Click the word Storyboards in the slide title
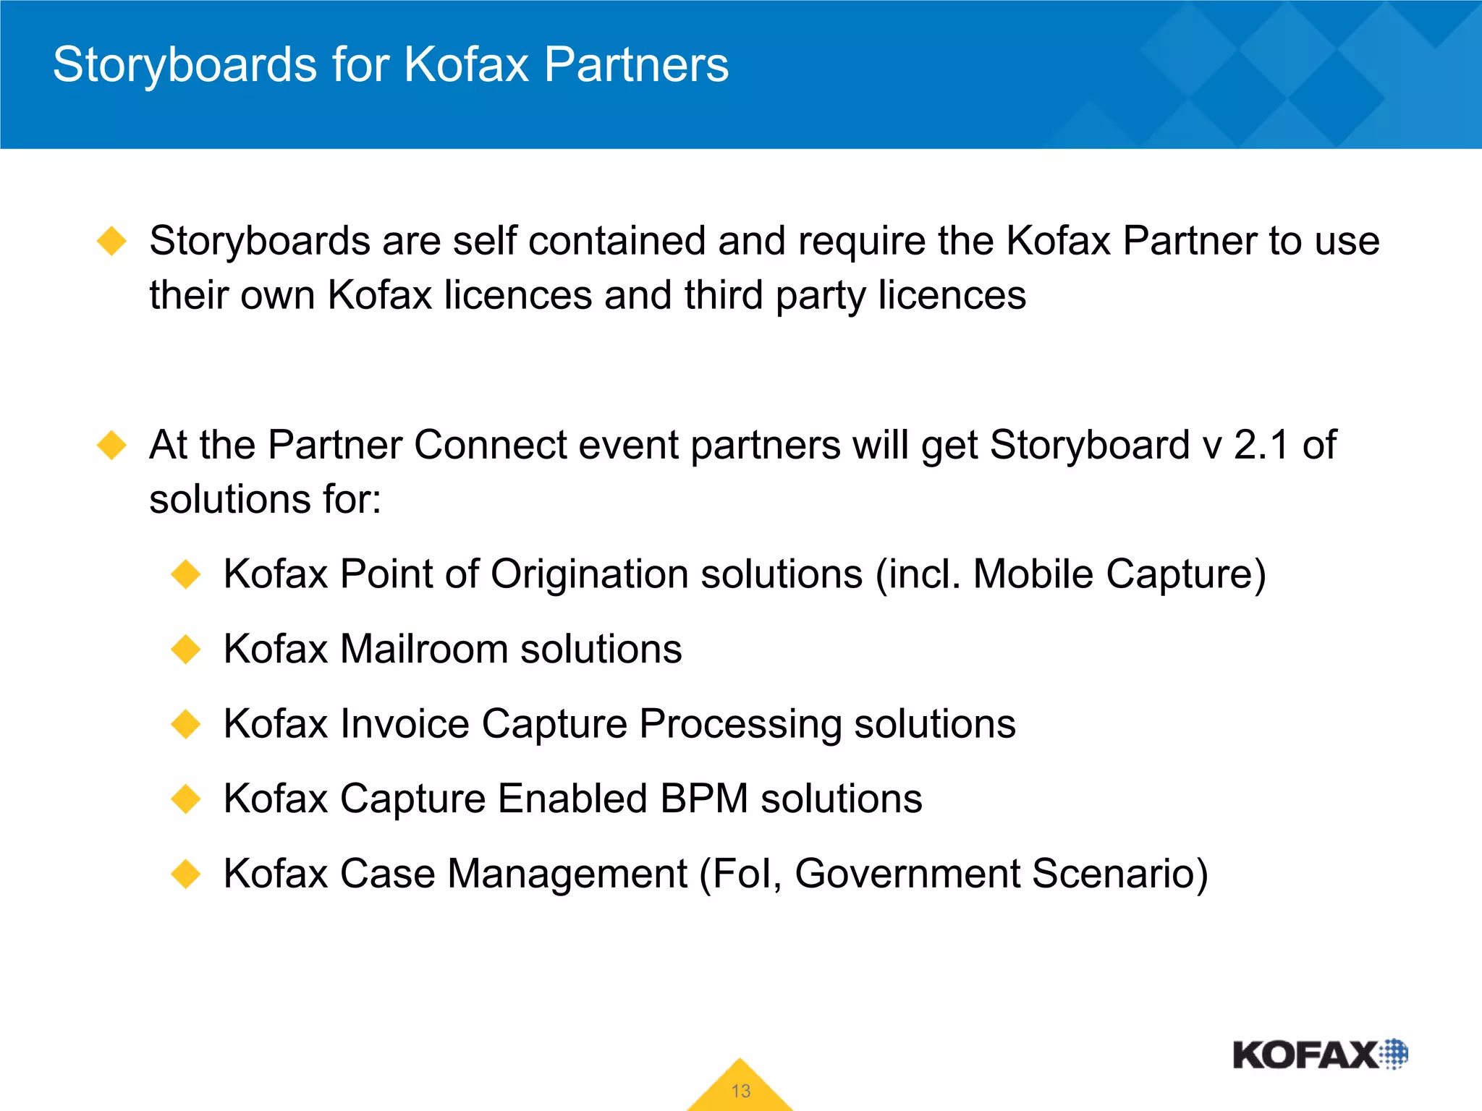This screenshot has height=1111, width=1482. (185, 65)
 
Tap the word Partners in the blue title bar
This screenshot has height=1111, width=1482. (636, 65)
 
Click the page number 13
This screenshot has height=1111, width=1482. (740, 1091)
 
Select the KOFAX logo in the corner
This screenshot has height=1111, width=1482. (1320, 1055)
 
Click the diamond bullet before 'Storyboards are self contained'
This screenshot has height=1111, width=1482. (112, 241)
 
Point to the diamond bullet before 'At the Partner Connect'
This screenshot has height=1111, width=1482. (112, 445)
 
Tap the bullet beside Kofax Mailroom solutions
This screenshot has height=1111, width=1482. (186, 649)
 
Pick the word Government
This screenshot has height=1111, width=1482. (907, 874)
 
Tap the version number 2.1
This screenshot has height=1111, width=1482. (1262, 445)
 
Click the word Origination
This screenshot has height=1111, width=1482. (590, 575)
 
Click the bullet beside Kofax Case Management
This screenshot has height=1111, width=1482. (186, 874)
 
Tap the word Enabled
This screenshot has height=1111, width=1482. (572, 799)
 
